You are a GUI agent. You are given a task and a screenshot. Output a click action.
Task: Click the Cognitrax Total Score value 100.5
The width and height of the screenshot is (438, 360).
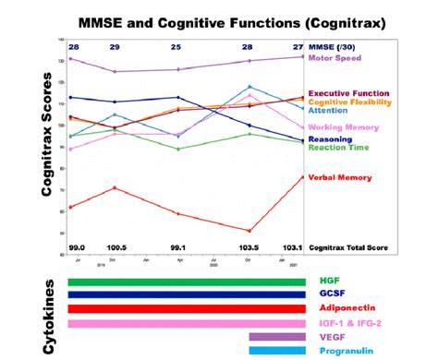pos(115,247)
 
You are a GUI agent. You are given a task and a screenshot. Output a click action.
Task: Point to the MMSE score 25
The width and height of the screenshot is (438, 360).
pos(176,45)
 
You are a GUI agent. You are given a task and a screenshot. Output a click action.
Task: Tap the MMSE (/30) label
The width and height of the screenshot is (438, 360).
pos(335,45)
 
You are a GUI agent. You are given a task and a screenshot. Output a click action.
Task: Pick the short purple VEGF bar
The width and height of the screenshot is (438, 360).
pos(276,337)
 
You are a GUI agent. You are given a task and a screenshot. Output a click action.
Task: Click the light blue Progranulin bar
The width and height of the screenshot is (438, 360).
pos(276,350)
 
